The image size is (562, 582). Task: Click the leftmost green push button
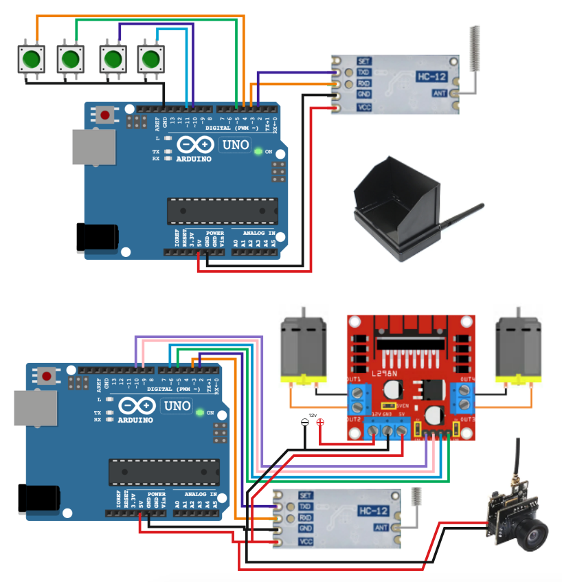coord(30,59)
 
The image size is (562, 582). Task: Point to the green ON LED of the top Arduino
coord(258,151)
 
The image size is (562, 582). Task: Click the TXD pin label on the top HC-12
coord(364,72)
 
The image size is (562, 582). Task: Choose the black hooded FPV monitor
coord(395,210)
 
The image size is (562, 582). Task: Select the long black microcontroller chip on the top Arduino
coord(223,211)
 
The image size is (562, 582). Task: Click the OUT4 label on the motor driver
coord(467,379)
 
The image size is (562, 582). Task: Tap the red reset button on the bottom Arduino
coord(47,375)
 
